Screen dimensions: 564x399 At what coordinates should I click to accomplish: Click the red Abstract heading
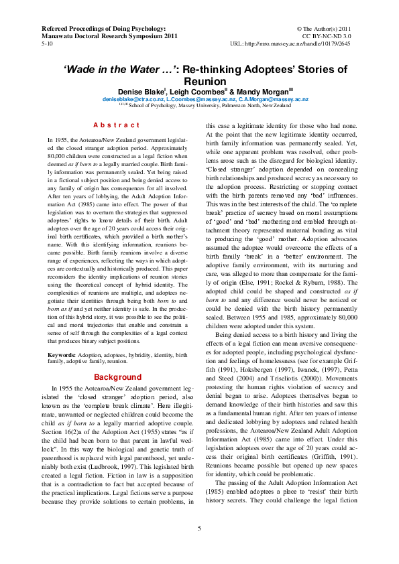pyautogui.click(x=116, y=125)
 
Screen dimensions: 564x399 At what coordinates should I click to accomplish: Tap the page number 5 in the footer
pyautogui.click(x=199, y=528)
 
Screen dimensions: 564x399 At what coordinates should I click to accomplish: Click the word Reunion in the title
pyautogui.click(x=199, y=80)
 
